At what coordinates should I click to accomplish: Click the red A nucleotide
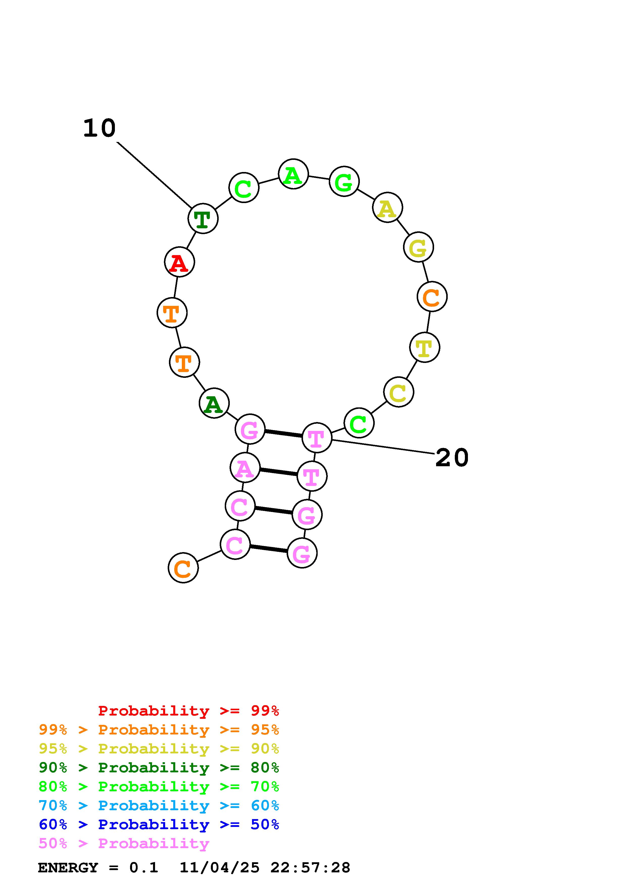coord(179,262)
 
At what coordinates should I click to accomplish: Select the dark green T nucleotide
coord(203,218)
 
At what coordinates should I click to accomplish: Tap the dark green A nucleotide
coord(214,403)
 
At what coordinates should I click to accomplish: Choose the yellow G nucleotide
coord(418,247)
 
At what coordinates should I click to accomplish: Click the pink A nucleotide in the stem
coord(244,468)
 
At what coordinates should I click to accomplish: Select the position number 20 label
coord(452,458)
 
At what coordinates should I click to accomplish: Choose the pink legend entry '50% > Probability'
coord(124,844)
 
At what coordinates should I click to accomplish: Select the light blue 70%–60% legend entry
coord(159,806)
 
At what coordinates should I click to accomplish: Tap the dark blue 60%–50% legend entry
coord(159,825)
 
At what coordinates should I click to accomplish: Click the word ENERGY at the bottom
coord(68,868)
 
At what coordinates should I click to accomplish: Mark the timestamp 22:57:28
coord(310,868)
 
